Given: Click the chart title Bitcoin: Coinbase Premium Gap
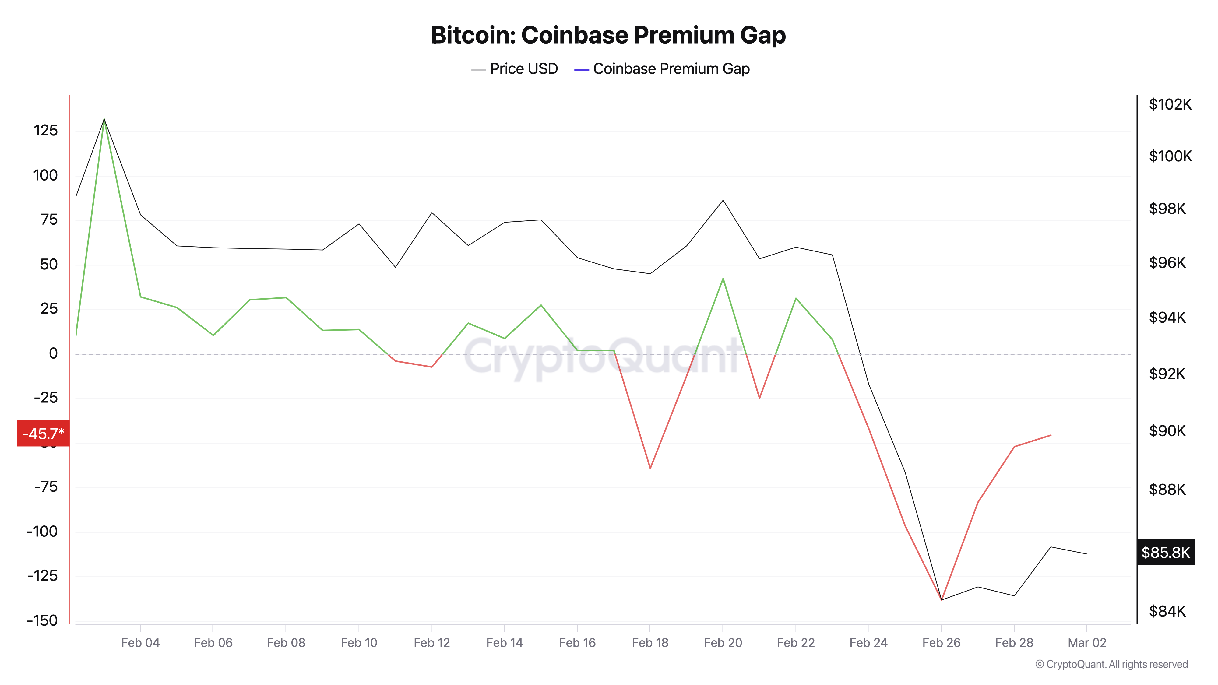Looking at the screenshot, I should click(x=608, y=35).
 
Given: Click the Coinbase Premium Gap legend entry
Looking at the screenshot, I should click(x=662, y=69).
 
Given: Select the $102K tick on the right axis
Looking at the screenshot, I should click(x=1170, y=104).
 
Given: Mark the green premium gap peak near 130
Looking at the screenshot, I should click(x=104, y=120).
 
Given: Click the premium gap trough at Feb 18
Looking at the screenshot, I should click(x=650, y=468).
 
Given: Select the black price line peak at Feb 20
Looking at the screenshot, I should click(x=723, y=200).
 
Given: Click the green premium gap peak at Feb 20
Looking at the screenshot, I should click(x=723, y=279).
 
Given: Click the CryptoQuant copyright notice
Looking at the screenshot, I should click(x=1111, y=664).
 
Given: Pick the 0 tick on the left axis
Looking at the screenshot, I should click(x=53, y=353).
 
